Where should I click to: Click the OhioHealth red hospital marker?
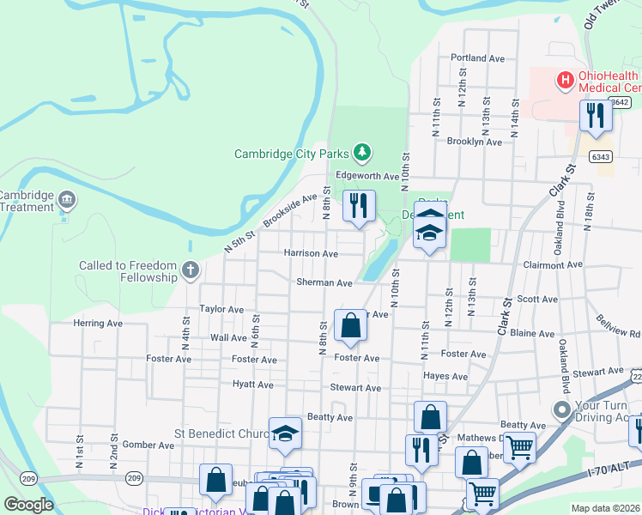coord(565,81)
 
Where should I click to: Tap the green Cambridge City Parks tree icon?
coord(362,153)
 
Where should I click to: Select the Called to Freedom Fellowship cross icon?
coord(191,272)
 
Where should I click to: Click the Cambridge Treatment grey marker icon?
coord(69,201)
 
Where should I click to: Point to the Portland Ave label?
coord(477,59)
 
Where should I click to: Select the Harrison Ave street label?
coord(310,254)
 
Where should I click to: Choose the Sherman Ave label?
coord(324,282)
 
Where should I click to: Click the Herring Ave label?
coord(98,324)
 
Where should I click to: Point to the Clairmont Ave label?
coord(552,266)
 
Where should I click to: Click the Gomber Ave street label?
coord(148,445)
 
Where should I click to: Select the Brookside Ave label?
coord(290,211)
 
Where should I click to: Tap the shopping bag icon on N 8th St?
coord(350,325)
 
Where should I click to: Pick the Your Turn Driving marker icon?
coord(562,409)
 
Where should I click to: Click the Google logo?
coord(28,505)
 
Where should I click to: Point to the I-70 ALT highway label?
coord(609,465)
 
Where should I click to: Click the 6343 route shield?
coord(601,156)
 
